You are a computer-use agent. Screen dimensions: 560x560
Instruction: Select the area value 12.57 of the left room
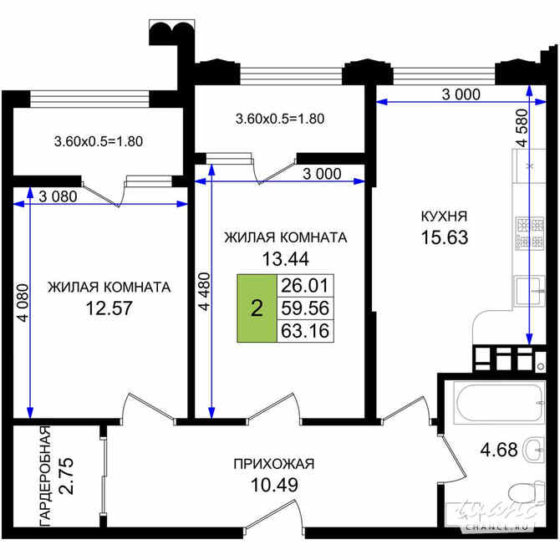coord(109,308)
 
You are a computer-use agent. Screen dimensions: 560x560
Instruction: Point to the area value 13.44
coord(285,258)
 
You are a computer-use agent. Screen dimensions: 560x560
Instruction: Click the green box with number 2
coord(257,308)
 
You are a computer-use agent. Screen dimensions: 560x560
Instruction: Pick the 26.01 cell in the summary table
coord(304,286)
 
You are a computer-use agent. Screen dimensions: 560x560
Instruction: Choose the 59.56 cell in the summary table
coord(304,308)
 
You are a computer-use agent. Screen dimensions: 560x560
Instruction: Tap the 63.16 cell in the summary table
coord(304,331)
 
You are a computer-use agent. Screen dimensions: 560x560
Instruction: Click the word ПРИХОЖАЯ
coord(273,464)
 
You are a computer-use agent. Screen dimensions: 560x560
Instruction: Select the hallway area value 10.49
coord(273,484)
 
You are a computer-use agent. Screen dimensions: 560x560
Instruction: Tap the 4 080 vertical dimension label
coord(23,308)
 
